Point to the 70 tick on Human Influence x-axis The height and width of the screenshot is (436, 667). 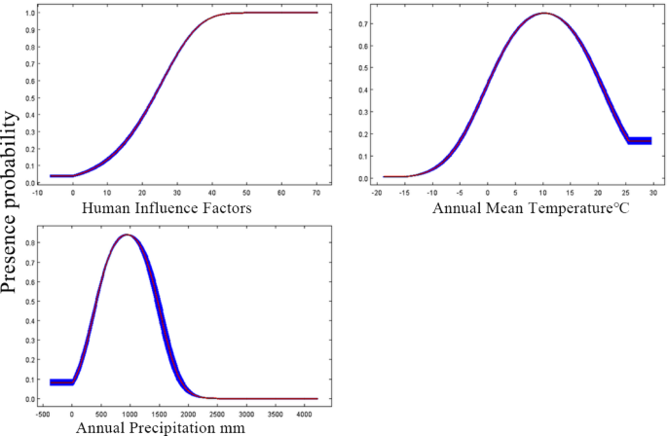[x=316, y=193]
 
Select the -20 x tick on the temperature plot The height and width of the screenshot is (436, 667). [x=377, y=193]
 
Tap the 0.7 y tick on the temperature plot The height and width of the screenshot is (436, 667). [x=362, y=20]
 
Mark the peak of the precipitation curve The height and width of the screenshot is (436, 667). [x=127, y=235]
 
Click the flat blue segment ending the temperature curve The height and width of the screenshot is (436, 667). [x=639, y=141]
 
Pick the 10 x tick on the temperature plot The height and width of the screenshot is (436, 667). [x=544, y=193]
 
